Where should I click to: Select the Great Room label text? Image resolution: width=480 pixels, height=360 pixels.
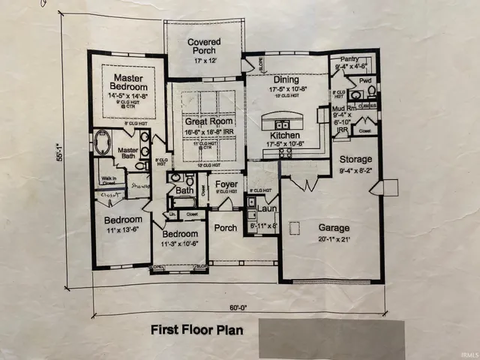205,121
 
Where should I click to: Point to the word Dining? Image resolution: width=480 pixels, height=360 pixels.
286,79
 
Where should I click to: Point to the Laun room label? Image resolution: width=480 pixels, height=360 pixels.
268,210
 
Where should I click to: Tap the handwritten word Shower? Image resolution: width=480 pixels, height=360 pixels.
140,187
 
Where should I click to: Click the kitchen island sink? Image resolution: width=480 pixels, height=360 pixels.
283,124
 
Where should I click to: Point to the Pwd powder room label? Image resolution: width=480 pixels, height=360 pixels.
365,79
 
